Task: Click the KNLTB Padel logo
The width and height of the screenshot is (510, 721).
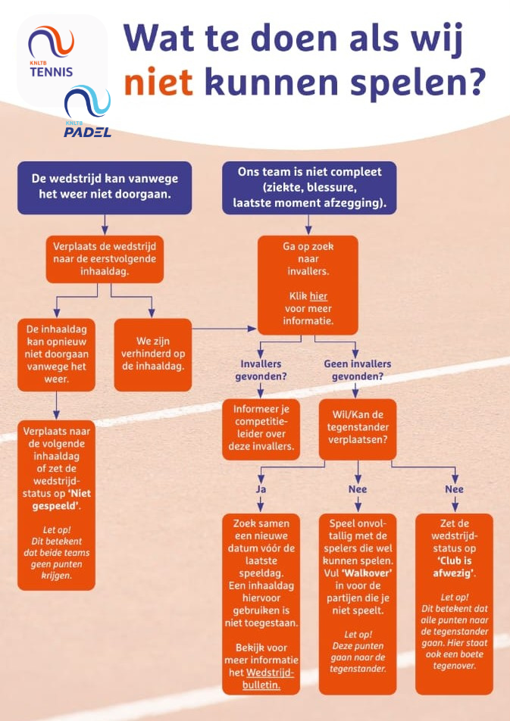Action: pos(88,113)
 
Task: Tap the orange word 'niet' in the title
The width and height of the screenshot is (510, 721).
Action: pos(157,83)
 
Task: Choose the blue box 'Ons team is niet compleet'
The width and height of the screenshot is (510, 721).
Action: pos(308,186)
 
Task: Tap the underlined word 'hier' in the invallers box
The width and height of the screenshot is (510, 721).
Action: pos(318,296)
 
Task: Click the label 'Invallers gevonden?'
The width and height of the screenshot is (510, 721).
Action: pos(261,370)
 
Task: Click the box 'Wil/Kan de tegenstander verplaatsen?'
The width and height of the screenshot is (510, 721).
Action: pos(357,429)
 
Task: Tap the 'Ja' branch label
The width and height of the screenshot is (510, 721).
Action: pos(261,489)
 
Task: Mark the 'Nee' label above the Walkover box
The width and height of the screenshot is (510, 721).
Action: pos(357,489)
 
